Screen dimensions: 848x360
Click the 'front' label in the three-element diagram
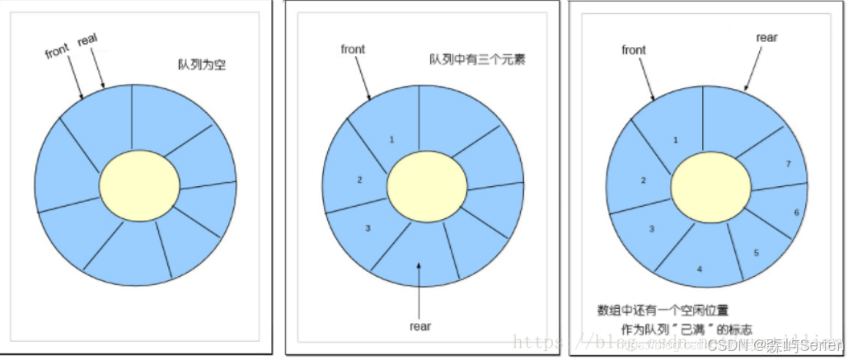point(353,49)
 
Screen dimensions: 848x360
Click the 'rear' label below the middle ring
point(420,325)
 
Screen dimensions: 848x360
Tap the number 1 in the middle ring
point(391,139)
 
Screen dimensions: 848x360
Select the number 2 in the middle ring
point(359,180)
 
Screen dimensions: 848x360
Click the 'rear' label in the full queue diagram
point(766,37)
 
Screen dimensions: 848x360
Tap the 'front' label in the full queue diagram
point(634,50)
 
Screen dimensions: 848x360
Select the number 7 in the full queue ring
point(789,164)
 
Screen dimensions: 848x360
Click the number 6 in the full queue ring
point(796,213)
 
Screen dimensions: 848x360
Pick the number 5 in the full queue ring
point(757,252)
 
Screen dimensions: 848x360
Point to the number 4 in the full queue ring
point(699,269)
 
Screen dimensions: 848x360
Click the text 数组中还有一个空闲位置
point(663,311)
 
